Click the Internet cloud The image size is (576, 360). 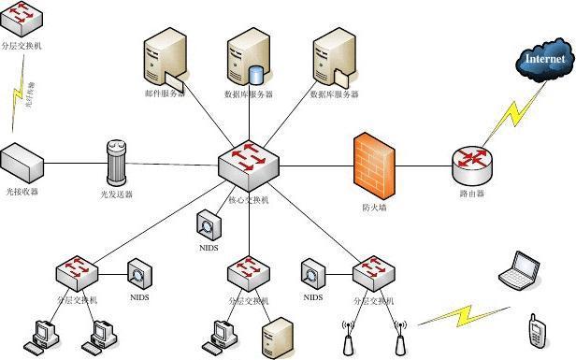pos(544,61)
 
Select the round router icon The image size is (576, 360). pos(472,165)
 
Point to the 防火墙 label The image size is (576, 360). pos(374,207)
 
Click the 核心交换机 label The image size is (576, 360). pos(249,199)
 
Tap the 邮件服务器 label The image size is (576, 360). pos(165,94)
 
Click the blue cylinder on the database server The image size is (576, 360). pos(257,74)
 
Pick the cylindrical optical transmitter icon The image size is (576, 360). pos(116,163)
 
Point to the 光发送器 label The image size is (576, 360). pos(116,194)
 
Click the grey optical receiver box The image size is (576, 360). pos(22,163)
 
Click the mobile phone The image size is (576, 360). pos(536,329)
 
